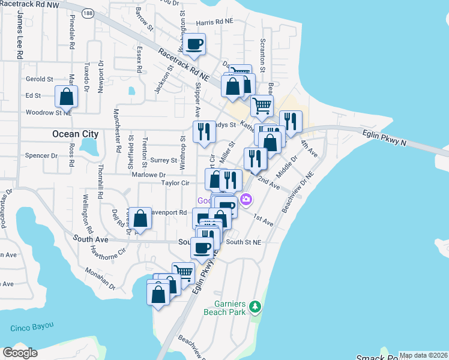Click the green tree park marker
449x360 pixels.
point(256,307)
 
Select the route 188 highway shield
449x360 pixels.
point(88,13)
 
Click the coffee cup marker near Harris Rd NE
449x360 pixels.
point(194,44)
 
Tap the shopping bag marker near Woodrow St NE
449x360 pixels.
point(66,96)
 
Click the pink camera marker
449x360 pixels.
point(246,199)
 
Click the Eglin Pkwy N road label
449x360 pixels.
point(384,140)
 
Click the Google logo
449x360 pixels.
point(20,353)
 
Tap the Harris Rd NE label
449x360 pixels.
point(214,21)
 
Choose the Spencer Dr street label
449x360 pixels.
point(41,155)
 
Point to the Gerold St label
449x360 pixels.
point(40,79)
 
